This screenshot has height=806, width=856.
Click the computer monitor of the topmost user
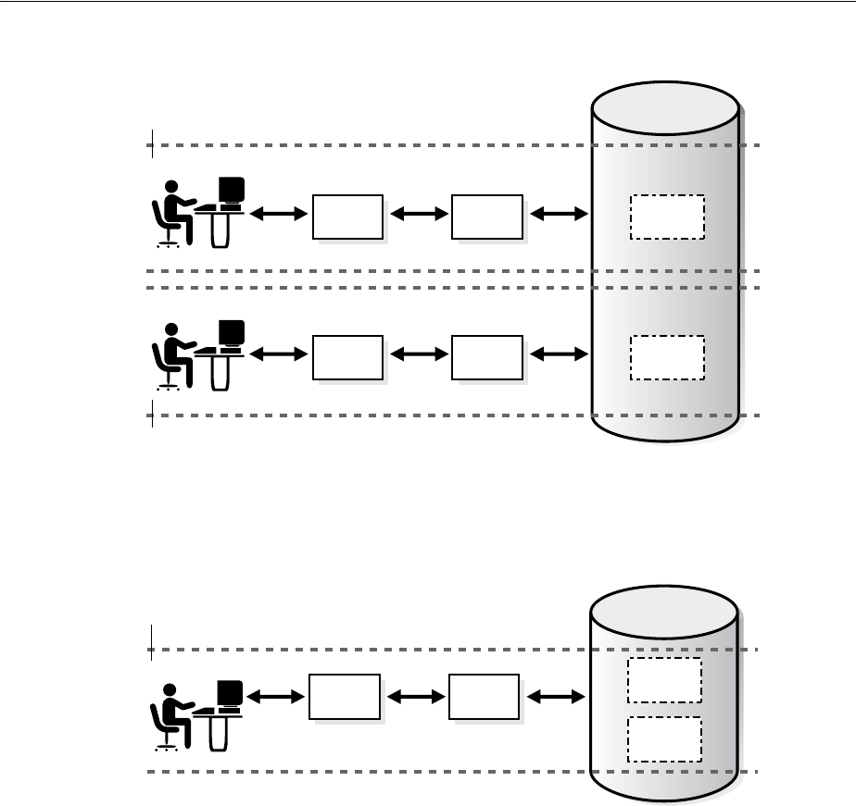(232, 190)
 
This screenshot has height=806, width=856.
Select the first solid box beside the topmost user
(347, 217)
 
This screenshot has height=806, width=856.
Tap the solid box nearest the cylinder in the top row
(486, 217)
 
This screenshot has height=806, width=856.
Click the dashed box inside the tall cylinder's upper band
(667, 217)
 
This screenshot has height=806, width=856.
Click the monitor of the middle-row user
(232, 332)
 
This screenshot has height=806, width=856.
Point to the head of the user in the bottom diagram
(170, 689)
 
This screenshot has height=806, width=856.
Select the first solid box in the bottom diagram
(345, 697)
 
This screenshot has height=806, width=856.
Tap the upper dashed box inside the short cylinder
(664, 681)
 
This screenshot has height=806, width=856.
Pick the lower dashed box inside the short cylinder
(664, 738)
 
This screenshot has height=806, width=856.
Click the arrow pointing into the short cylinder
(556, 694)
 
